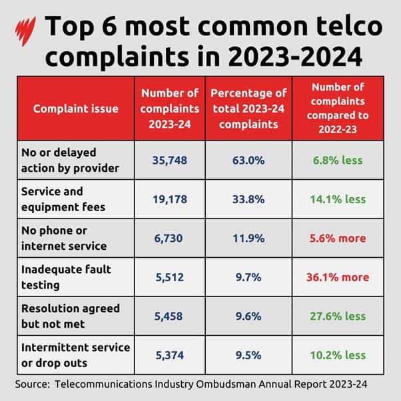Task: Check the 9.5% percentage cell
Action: point(247,355)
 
